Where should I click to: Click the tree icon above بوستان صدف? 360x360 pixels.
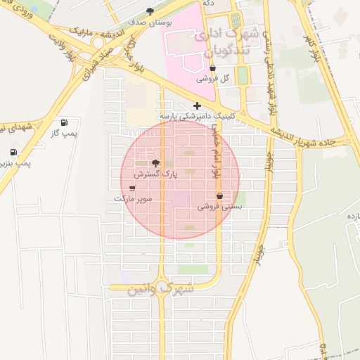click(x=150, y=11)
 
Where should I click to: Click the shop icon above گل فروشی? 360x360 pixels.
click(x=213, y=68)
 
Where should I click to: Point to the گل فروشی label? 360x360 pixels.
click(x=215, y=79)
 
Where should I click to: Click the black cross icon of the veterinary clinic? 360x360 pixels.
click(x=197, y=105)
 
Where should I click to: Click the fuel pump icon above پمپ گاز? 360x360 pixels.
click(x=65, y=122)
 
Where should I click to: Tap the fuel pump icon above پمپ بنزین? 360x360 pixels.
click(x=13, y=152)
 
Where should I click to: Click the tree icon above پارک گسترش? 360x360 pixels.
click(x=155, y=162)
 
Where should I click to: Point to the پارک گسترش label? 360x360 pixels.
click(x=156, y=172)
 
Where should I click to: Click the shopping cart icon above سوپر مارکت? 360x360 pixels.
click(x=132, y=188)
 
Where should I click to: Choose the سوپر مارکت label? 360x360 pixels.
click(x=133, y=198)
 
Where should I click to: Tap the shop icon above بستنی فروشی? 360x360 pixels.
click(x=219, y=196)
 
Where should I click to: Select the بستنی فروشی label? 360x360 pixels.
click(x=219, y=207)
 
